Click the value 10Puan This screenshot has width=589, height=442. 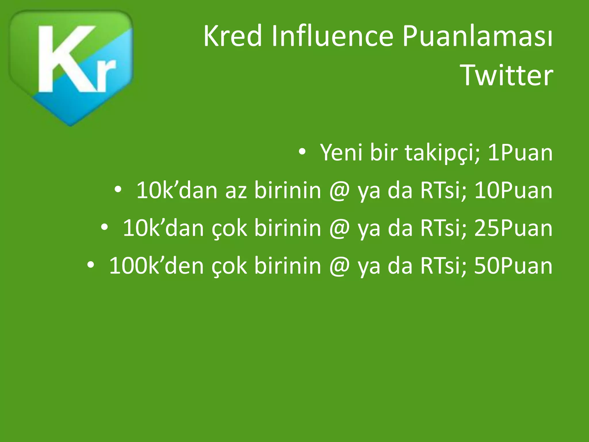[x=513, y=190]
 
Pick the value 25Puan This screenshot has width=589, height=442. [x=513, y=228]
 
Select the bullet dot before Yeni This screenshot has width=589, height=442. [x=302, y=152]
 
